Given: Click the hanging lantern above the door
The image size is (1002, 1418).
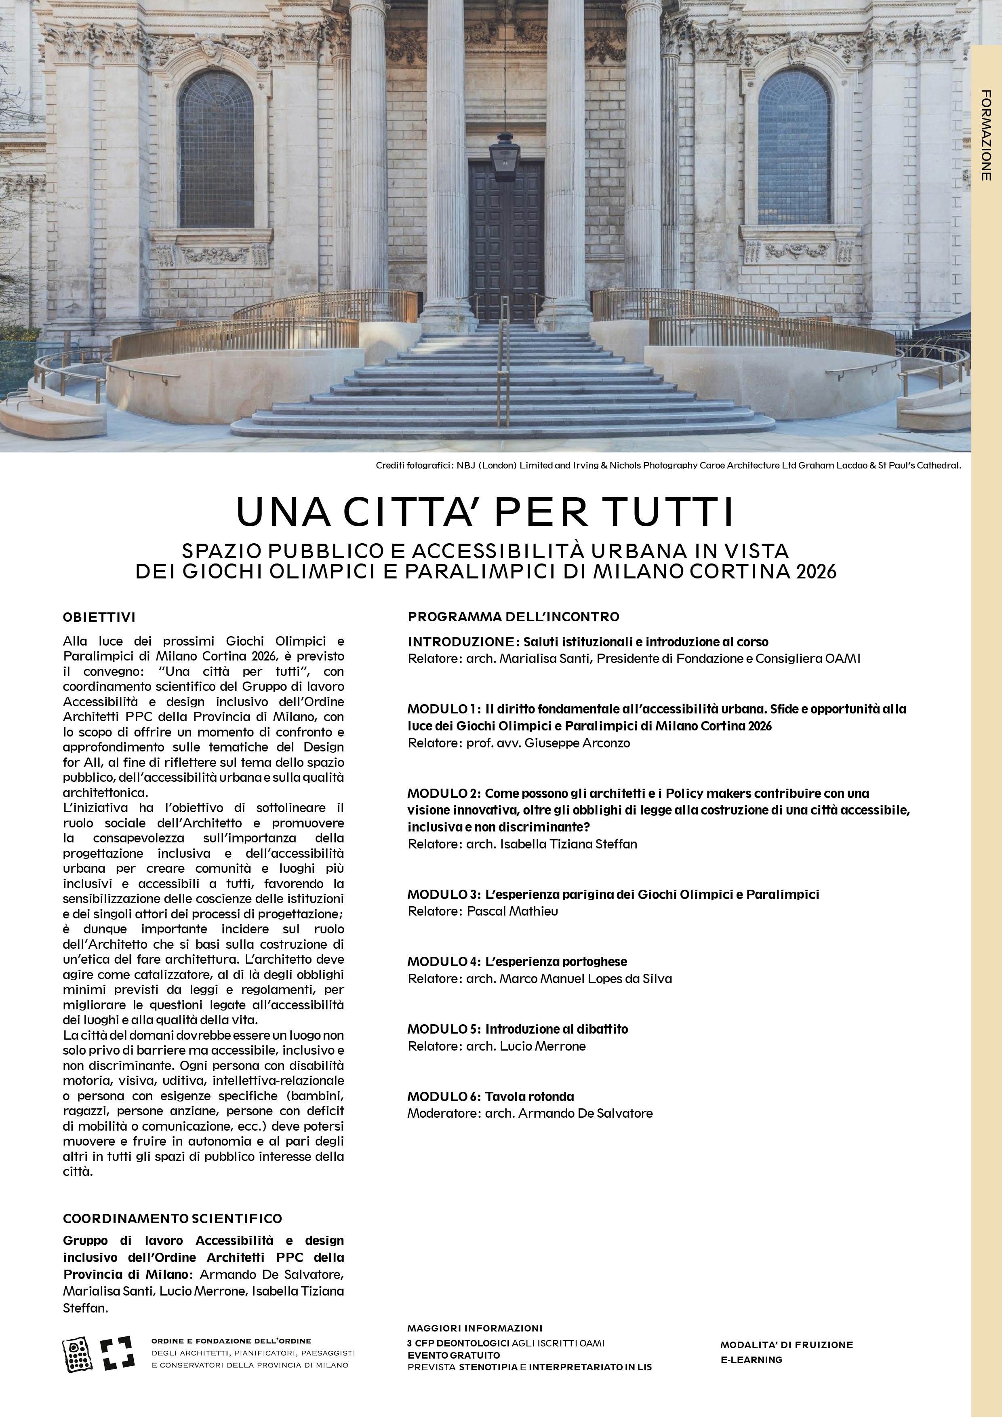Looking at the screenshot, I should coord(504,158).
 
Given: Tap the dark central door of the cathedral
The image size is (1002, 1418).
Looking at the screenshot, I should coord(505,241).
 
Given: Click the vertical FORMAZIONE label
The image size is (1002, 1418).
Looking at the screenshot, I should coord(986,135).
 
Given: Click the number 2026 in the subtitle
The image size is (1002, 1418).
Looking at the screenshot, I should coord(816,571).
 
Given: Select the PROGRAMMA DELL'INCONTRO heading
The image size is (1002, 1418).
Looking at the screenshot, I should coord(513,616).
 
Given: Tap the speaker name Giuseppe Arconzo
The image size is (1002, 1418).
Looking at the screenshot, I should coord(577,743).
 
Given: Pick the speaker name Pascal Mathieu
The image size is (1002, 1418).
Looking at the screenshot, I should coord(512,911).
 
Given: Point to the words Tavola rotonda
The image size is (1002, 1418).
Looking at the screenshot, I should coord(530,1096).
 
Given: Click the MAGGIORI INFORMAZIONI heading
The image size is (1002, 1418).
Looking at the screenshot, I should coord(475,1328).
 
